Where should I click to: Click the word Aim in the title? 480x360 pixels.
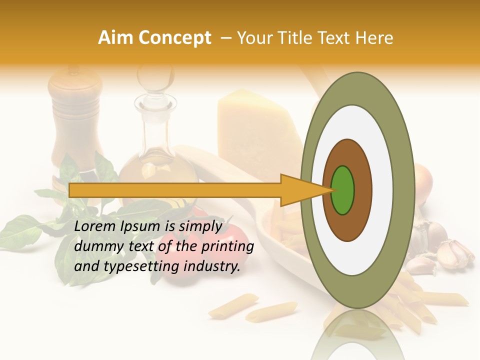click(x=116, y=38)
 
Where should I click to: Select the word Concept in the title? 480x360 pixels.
click(x=175, y=38)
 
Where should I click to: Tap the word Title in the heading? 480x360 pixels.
click(x=305, y=38)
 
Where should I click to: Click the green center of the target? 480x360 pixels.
click(x=343, y=190)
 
